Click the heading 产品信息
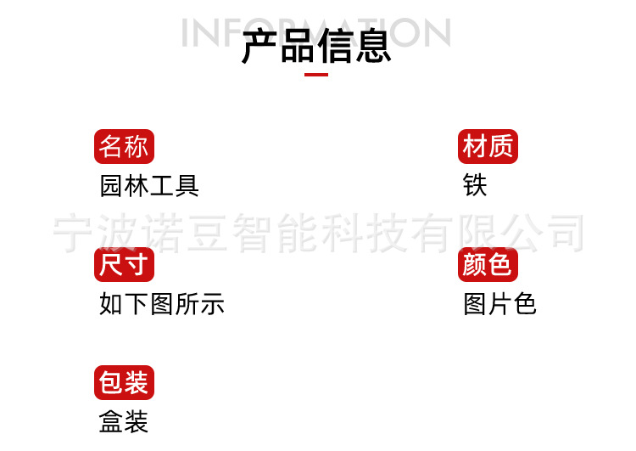(316, 45)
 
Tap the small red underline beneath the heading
(316, 75)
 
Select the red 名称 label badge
(124, 147)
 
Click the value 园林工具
(149, 185)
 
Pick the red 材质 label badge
(488, 147)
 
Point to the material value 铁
(475, 185)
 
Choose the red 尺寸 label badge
(124, 265)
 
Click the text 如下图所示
(162, 303)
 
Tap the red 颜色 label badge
(488, 265)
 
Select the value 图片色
(500, 303)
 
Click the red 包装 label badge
(124, 383)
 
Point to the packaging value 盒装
(124, 421)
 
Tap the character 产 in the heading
(259, 46)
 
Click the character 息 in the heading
(373, 46)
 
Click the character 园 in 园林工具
(112, 185)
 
